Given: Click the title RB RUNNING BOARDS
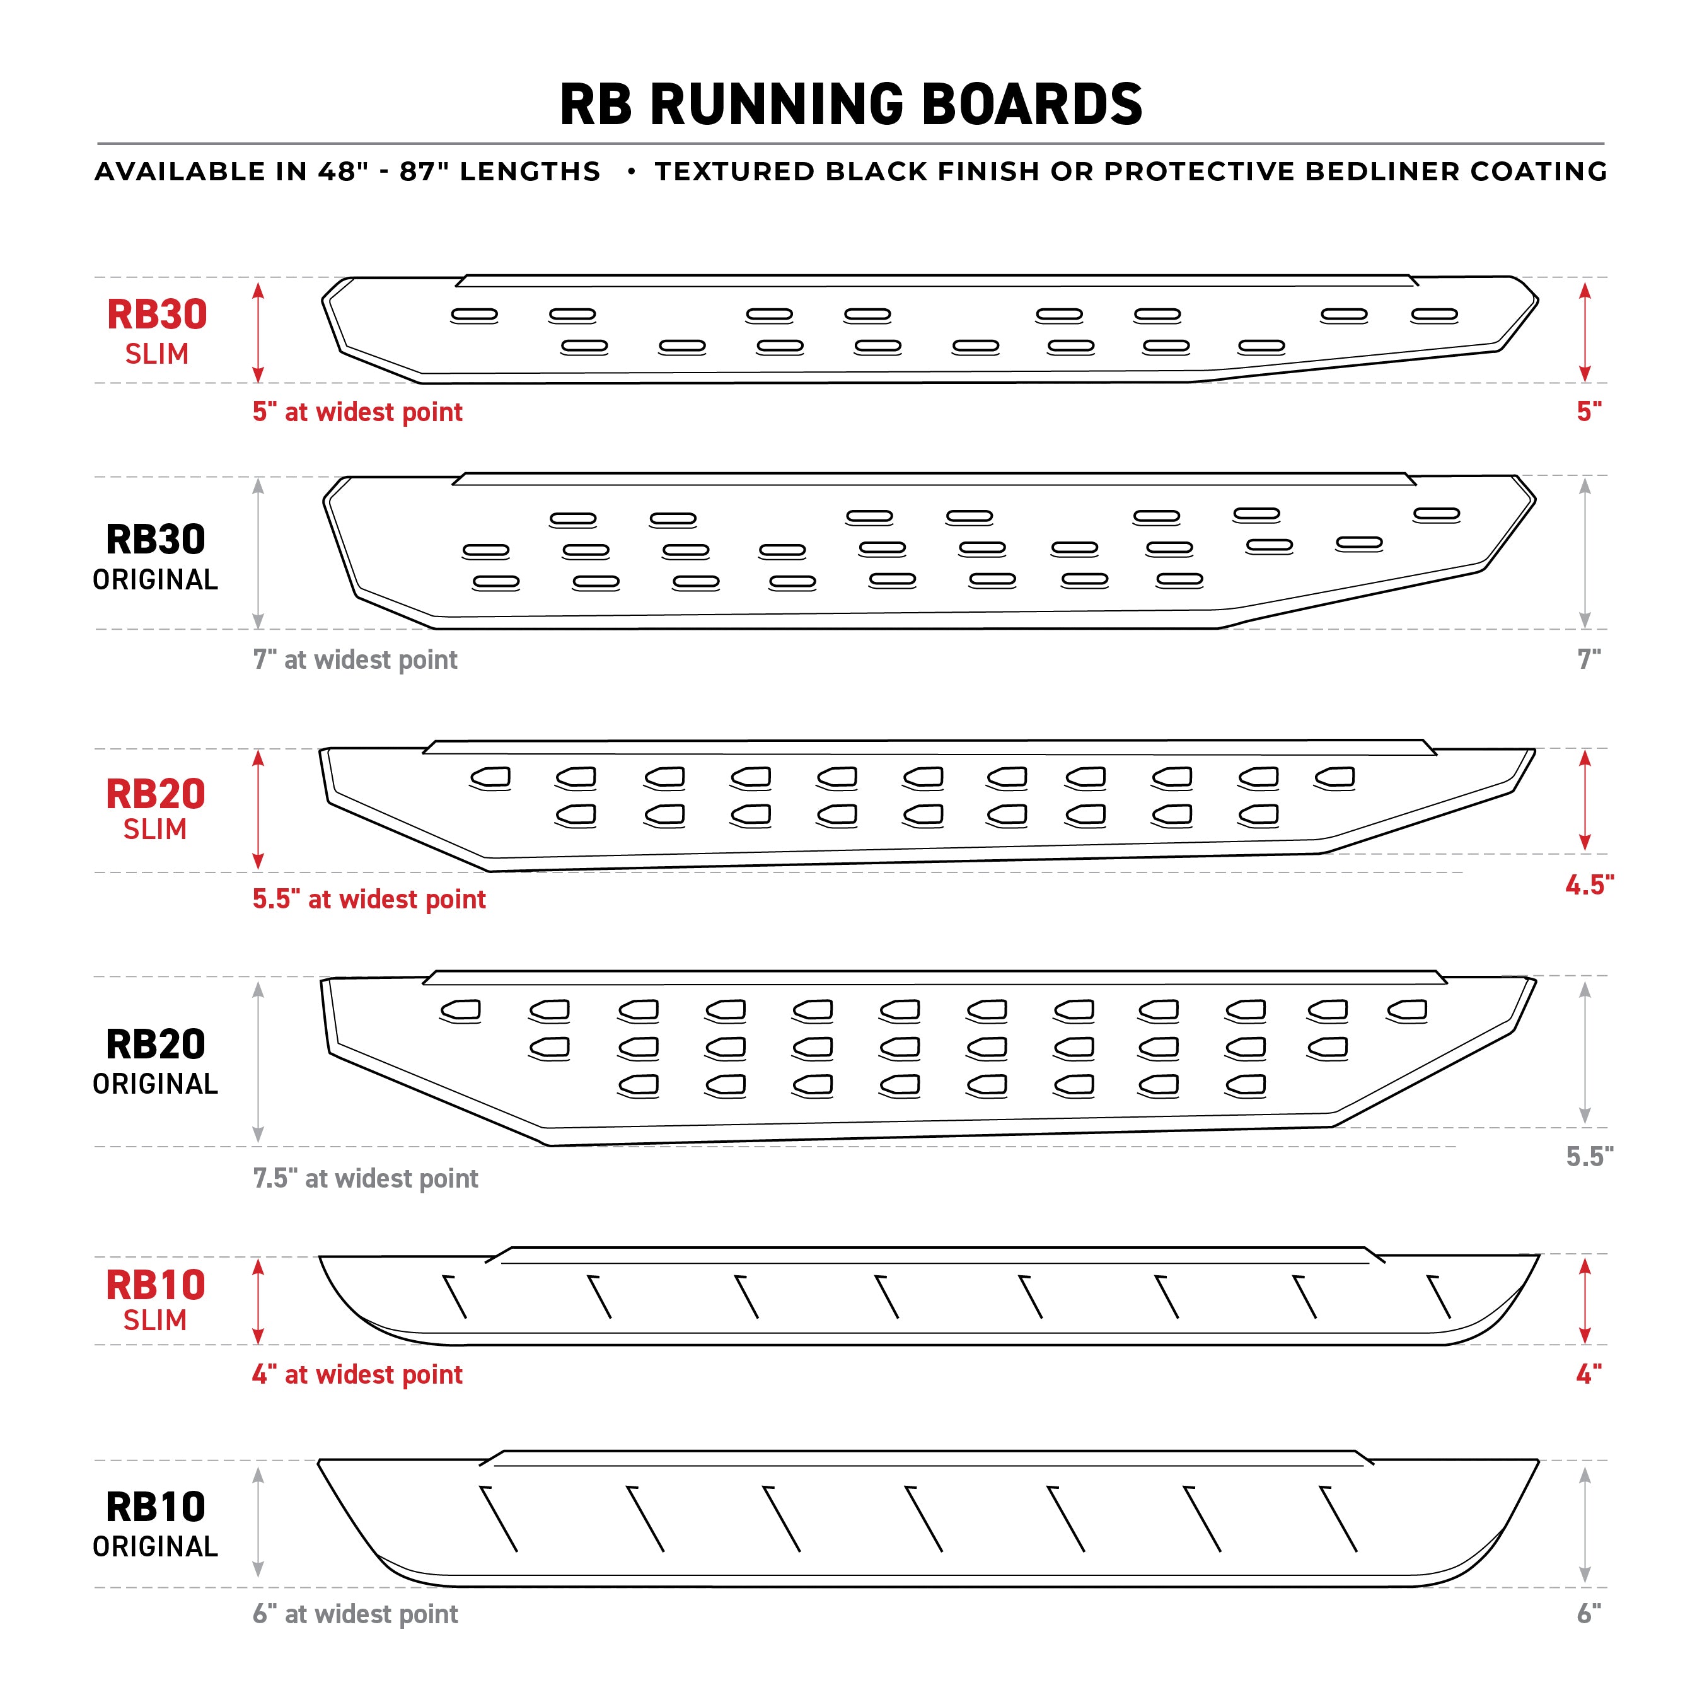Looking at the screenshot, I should click(x=851, y=104).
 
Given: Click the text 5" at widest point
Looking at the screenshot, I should click(x=357, y=412).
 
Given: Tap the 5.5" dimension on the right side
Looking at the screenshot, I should click(x=1589, y=1156).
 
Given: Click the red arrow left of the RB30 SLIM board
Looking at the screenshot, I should click(x=258, y=332).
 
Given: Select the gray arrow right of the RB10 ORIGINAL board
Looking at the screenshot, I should click(x=1585, y=1524).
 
